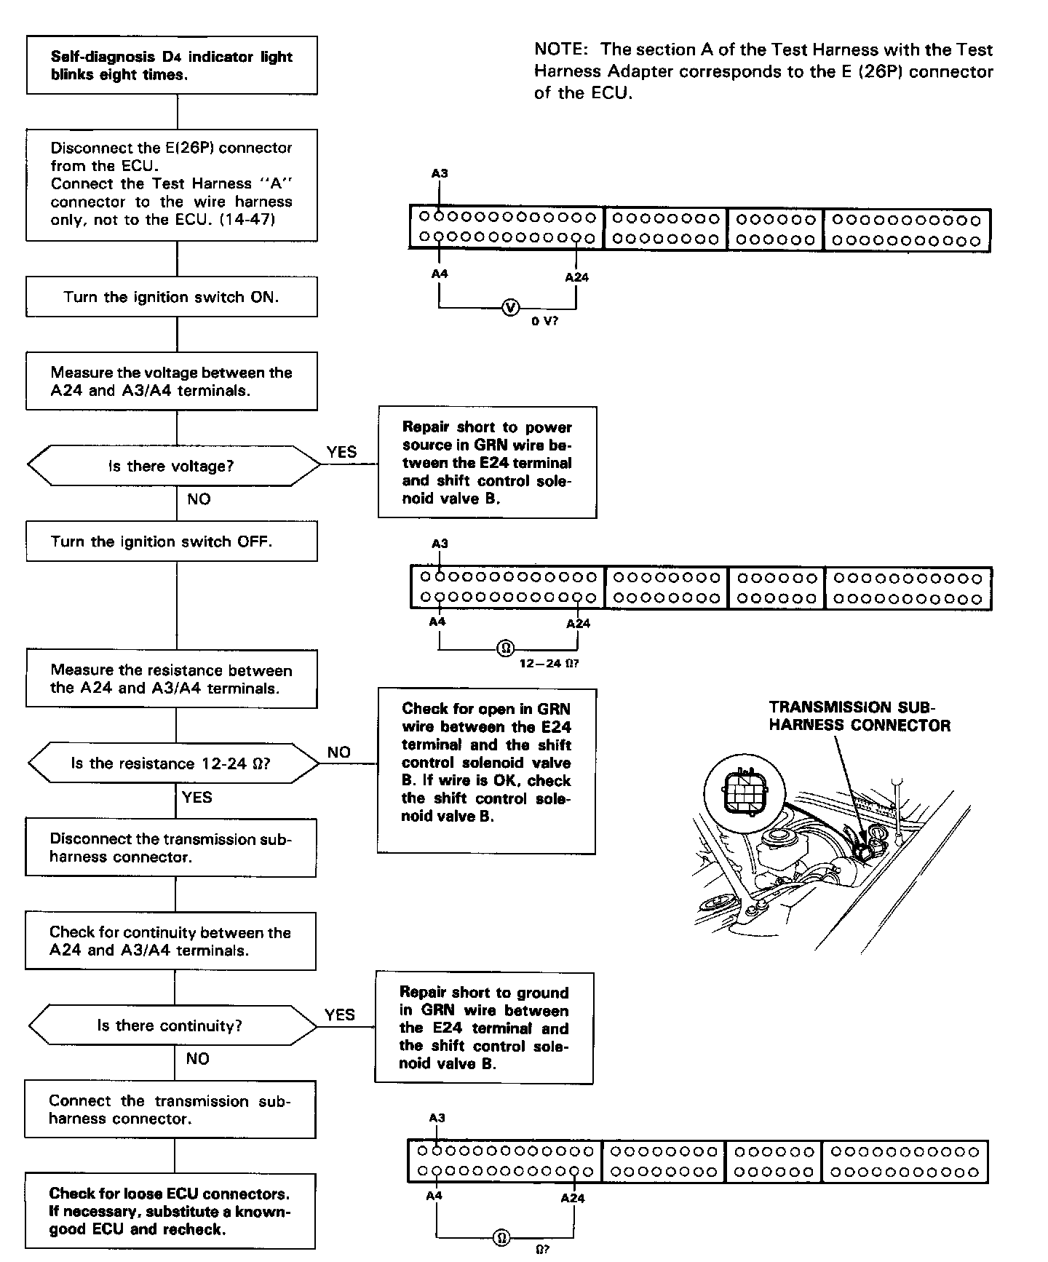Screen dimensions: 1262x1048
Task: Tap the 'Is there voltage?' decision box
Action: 172,466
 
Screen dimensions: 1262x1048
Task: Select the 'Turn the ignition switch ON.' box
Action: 172,297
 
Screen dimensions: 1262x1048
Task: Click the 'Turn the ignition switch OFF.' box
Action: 172,541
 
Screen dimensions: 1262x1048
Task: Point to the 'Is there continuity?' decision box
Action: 172,1026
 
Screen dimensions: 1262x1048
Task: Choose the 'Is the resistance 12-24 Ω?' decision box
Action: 172,763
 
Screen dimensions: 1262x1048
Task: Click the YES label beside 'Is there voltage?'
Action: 342,452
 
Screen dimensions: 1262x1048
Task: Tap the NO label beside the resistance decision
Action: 339,753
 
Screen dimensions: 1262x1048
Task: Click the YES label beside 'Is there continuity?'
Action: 340,1015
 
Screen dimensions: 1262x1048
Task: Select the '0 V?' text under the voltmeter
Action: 544,321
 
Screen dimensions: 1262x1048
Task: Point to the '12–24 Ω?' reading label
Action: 549,664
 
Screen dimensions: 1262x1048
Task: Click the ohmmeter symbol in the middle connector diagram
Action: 504,648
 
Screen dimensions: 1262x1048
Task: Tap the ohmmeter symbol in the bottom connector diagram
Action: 501,1237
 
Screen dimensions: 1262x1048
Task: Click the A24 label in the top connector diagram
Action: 576,277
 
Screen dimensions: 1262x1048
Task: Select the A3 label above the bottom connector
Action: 437,1118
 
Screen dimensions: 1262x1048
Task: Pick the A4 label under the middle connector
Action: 437,622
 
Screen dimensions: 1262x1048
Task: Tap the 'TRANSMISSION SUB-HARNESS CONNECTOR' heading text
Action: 859,716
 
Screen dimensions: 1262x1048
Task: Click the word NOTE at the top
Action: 560,50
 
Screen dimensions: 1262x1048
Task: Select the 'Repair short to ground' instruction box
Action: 484,1028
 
